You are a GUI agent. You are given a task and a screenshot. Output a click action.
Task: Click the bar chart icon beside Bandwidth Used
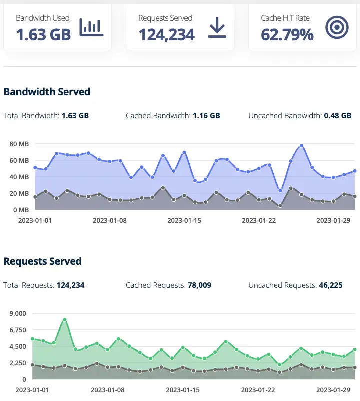click(91, 28)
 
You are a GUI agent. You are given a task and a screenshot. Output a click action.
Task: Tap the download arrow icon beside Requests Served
click(217, 28)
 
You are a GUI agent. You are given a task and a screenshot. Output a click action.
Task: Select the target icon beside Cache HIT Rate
click(336, 28)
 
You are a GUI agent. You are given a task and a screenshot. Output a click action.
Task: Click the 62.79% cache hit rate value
click(287, 34)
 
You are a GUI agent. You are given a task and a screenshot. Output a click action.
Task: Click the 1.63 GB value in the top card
click(43, 34)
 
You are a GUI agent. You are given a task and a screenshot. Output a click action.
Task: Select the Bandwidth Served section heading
click(47, 92)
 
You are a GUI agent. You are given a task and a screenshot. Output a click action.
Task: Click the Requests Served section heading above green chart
click(42, 261)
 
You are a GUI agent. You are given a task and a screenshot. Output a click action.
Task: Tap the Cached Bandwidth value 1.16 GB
click(206, 116)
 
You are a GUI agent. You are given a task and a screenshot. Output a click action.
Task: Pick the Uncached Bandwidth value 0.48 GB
click(338, 116)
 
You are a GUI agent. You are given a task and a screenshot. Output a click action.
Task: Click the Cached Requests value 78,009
click(199, 285)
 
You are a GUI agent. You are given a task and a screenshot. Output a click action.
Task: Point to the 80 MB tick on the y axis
click(20, 144)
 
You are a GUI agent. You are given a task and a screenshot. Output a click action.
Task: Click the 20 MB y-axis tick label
click(20, 193)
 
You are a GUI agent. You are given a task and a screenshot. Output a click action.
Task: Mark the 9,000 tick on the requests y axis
click(18, 313)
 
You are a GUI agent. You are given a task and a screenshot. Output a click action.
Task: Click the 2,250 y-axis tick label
click(18, 363)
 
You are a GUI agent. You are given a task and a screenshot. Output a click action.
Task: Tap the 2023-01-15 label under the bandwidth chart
click(184, 220)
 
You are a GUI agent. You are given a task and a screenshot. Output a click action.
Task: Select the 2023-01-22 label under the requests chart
click(258, 389)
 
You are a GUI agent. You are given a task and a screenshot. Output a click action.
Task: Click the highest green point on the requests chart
click(65, 320)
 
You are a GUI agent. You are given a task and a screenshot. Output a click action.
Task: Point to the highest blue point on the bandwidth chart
click(302, 146)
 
